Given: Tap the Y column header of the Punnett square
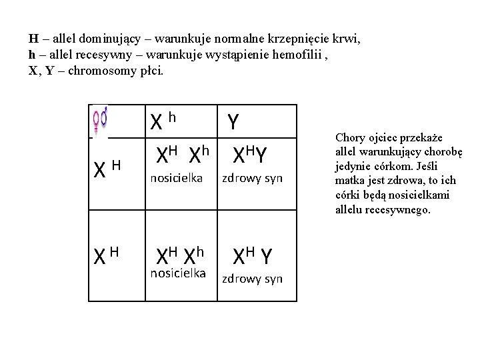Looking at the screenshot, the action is point(233,121).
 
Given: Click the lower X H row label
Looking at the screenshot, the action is point(106,254).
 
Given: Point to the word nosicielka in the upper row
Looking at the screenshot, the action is point(177,177).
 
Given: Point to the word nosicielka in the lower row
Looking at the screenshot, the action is point(177,272).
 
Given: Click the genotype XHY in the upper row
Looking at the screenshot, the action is point(250,156).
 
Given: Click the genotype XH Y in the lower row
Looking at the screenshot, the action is point(251,255).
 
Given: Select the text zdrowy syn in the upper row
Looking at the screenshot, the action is point(252,178).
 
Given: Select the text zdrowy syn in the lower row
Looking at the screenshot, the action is point(252,279).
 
